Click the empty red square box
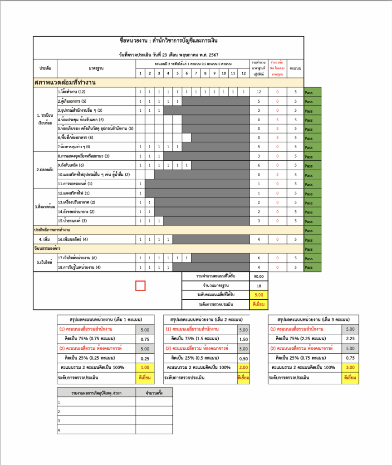141,286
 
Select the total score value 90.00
259,276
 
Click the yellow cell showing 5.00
259,295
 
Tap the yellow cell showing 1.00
145,367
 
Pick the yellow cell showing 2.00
243,367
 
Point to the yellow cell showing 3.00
350,367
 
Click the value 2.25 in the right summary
350,339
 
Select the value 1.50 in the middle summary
243,339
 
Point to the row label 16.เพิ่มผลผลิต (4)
73,239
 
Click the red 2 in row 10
277,174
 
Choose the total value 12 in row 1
259,92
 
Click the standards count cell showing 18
259,285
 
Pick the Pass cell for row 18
312,267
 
